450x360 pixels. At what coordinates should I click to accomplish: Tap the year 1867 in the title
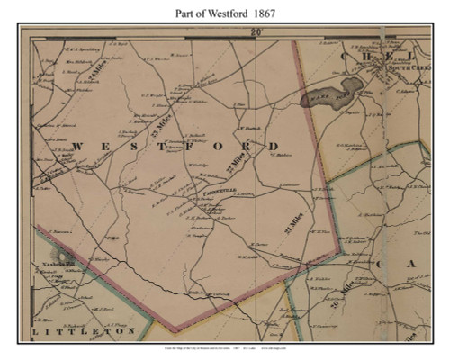coord(271,13)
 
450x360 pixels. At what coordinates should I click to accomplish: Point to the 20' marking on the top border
coord(256,31)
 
